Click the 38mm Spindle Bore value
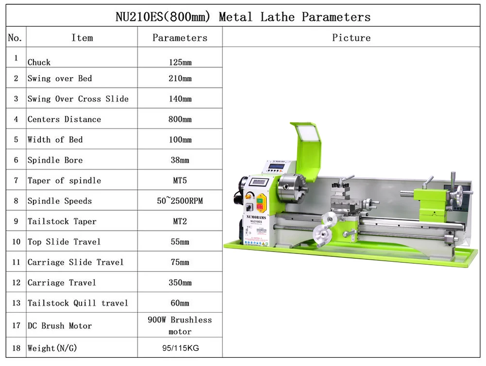180,160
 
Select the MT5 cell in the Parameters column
180,181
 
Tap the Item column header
82,38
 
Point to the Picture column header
351,38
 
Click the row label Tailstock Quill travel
78,303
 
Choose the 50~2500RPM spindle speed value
180,201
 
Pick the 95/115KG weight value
181,348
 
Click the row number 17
16,325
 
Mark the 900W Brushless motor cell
180,325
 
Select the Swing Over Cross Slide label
78,99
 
